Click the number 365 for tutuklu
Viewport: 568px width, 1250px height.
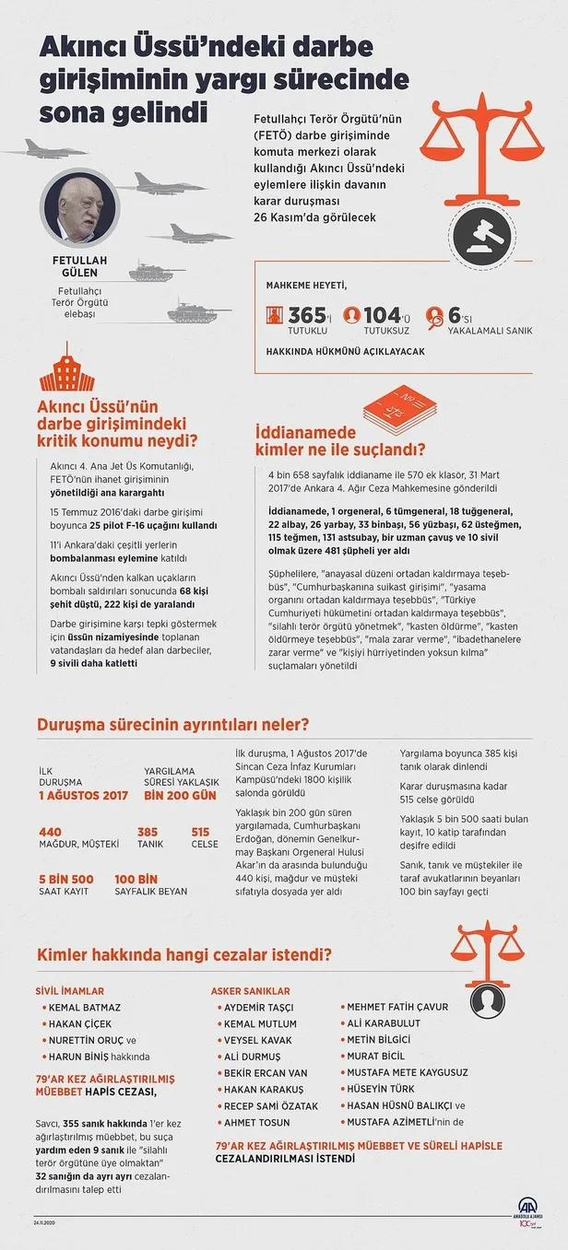[x=307, y=316]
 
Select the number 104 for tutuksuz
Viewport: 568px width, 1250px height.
[x=382, y=316]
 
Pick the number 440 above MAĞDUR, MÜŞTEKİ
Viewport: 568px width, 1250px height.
[x=50, y=832]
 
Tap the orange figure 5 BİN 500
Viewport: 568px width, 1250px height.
[x=66, y=878]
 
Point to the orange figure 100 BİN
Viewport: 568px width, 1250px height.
[x=136, y=878]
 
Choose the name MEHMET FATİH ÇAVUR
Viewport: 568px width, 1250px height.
[x=392, y=1007]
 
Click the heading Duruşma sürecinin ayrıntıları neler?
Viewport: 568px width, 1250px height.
[x=172, y=723]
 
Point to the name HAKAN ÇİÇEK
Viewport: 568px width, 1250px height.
[x=82, y=1023]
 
